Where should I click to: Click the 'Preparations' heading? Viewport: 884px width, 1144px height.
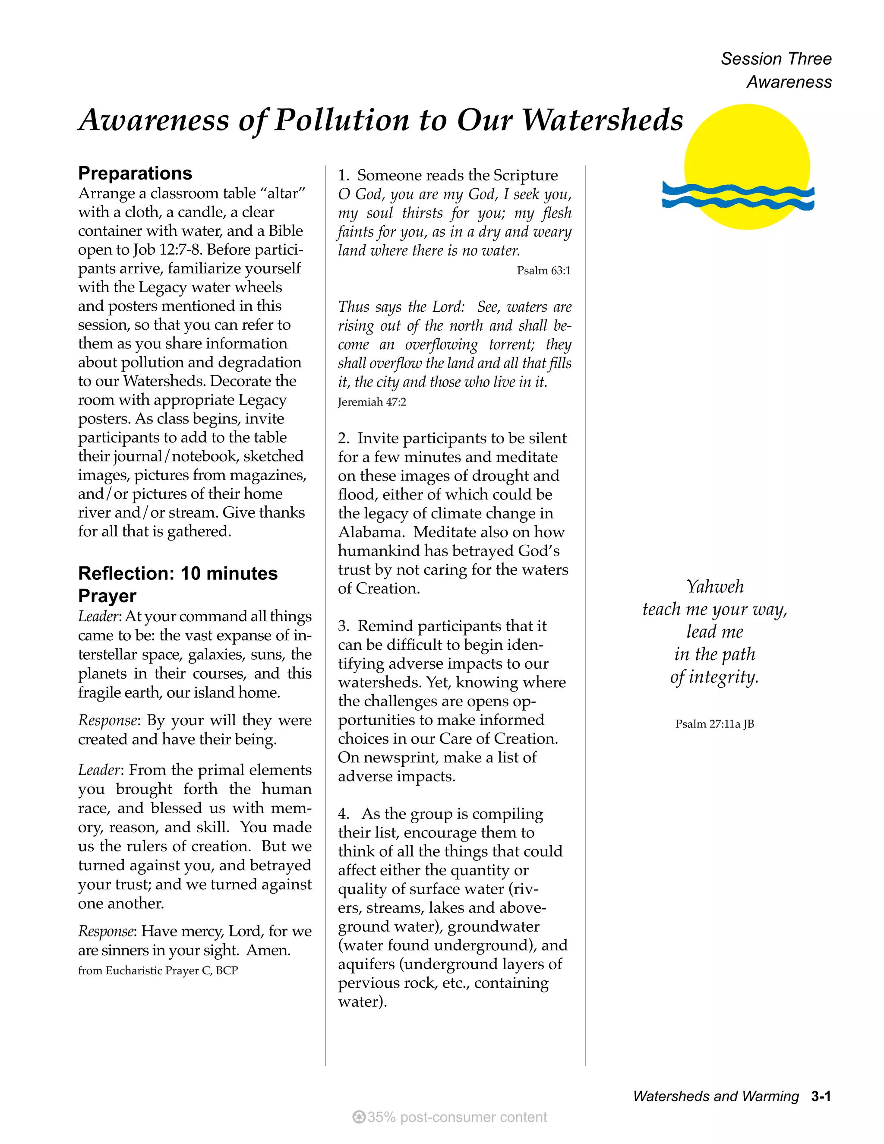[x=135, y=174]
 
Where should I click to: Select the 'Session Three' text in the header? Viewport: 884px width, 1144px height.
[x=776, y=59]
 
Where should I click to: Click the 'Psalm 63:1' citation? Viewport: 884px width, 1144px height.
[x=543, y=271]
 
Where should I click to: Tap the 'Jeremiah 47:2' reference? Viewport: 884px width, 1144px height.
[x=372, y=402]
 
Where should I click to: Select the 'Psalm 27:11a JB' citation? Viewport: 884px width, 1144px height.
[x=714, y=724]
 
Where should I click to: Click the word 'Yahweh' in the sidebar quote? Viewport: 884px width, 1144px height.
[x=715, y=587]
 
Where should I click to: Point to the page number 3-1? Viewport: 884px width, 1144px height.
[x=821, y=1097]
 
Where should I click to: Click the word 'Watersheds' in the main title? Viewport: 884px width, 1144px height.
[x=602, y=120]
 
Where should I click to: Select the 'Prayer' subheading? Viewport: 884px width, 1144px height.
[x=107, y=596]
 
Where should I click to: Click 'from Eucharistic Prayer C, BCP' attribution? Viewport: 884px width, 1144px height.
[x=158, y=970]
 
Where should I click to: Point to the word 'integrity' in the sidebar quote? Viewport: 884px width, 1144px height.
[x=723, y=677]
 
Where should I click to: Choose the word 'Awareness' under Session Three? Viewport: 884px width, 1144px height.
[x=789, y=82]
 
